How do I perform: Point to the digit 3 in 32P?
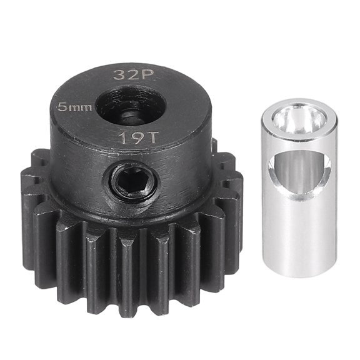117,75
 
